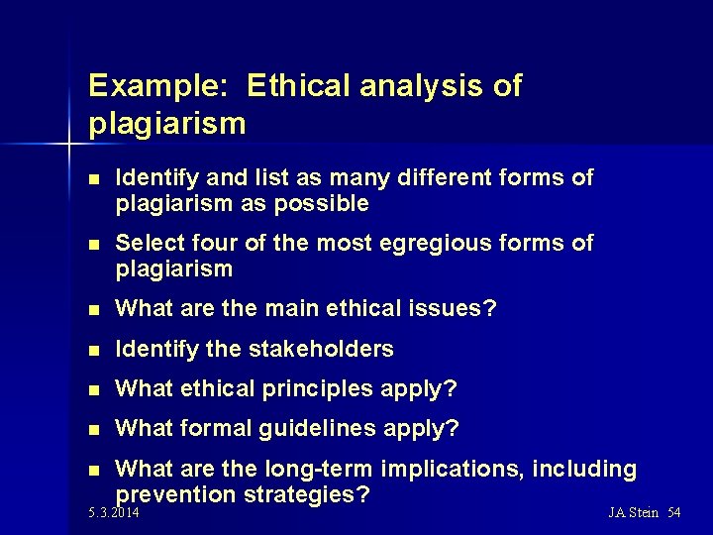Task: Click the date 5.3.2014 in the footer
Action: (114, 513)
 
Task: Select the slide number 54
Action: (673, 513)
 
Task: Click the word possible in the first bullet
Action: (323, 204)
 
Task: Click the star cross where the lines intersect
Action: (70, 146)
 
